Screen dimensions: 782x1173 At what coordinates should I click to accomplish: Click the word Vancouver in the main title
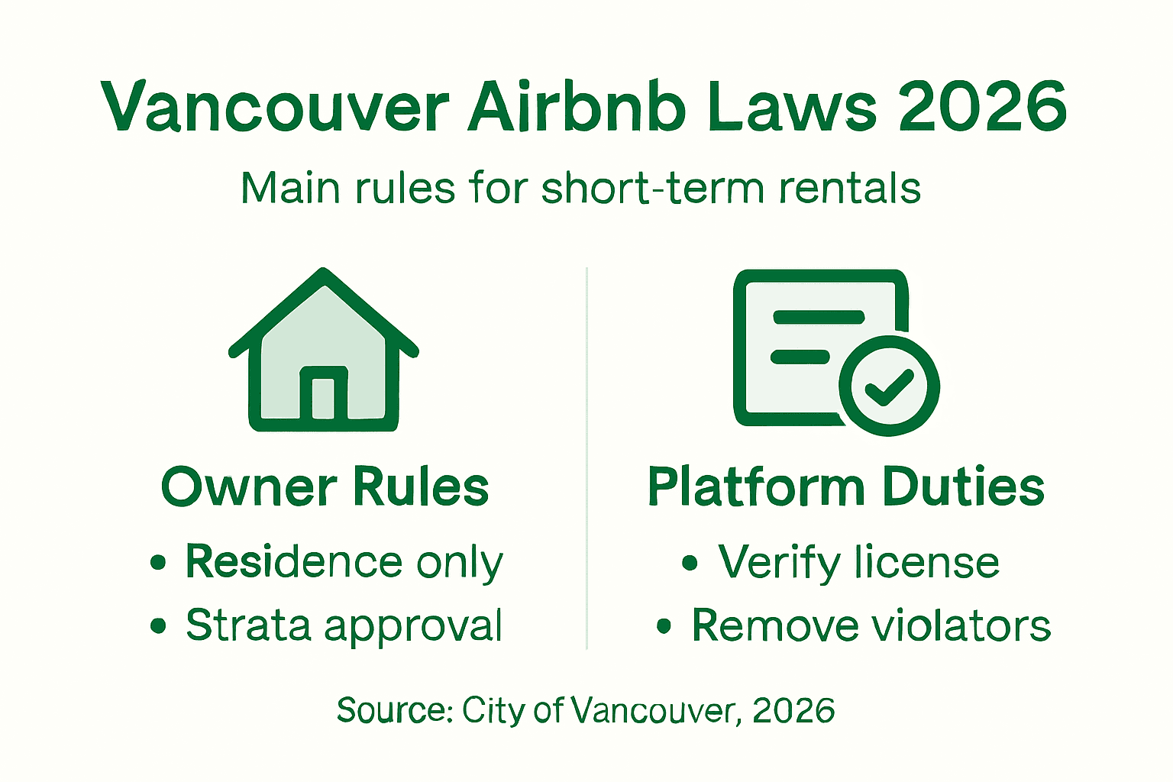point(275,107)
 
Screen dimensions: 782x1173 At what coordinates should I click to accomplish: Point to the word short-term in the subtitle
point(653,188)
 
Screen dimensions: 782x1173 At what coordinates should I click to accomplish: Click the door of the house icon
point(324,396)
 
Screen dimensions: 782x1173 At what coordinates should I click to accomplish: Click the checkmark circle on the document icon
point(889,386)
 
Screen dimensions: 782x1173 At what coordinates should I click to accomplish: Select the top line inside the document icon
point(818,317)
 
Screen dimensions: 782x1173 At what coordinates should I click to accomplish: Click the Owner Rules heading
point(325,487)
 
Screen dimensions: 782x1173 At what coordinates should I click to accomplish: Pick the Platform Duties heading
point(846,486)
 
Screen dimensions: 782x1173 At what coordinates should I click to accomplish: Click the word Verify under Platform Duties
point(779,564)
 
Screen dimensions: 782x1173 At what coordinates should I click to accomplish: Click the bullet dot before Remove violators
point(664,627)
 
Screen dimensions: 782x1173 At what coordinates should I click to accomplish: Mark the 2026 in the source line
point(793,710)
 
